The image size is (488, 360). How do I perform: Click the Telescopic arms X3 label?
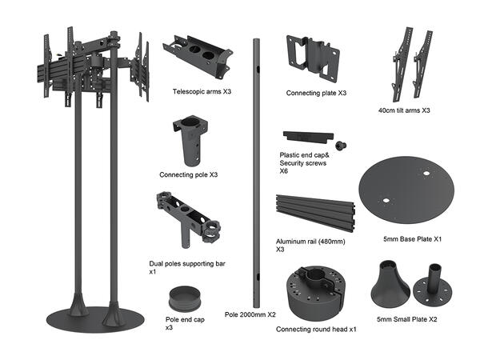[202, 92]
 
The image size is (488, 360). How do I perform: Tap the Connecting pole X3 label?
[188, 174]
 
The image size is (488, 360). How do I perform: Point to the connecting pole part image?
[189, 140]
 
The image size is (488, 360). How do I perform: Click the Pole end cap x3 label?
[184, 324]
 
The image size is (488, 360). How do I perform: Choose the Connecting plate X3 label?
[316, 93]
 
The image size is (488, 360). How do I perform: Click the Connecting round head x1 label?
[316, 329]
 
